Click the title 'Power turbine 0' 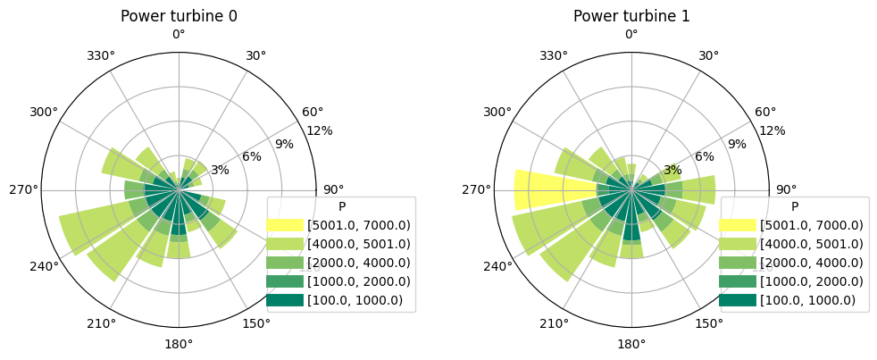coord(179,16)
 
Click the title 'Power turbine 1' coord(631,16)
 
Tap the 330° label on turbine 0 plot coord(101,55)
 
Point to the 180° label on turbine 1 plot coord(631,344)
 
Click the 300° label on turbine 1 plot coord(497,113)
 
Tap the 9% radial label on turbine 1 coord(736,144)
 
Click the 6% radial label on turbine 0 coord(252,157)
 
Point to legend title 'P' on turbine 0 coord(341,206)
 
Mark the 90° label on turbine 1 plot coord(786,189)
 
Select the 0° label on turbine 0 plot coord(179,35)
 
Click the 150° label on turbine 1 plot coord(709,323)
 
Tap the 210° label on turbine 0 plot coord(101,323)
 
